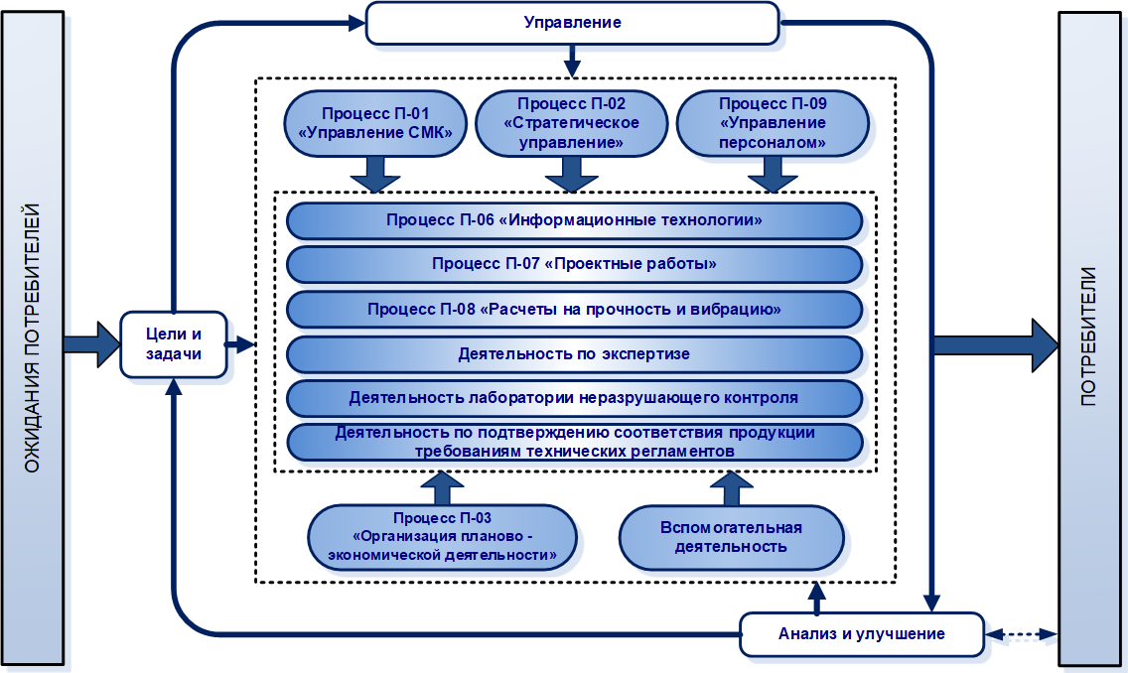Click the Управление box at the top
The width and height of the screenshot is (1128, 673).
[x=572, y=23]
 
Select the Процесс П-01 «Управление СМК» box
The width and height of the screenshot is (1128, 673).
[x=375, y=124]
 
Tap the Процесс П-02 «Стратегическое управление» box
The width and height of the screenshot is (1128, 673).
[x=571, y=124]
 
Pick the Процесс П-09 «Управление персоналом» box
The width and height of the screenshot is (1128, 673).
[x=772, y=124]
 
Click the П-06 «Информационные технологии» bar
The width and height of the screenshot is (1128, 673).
[x=574, y=219]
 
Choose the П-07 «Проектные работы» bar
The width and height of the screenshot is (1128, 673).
[x=574, y=264]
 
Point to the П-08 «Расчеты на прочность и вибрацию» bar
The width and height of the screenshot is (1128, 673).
[x=574, y=309]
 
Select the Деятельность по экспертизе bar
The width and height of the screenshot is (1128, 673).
[x=574, y=353]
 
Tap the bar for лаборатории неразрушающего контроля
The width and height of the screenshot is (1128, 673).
[x=574, y=398]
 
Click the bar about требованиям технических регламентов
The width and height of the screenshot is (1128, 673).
[x=574, y=442]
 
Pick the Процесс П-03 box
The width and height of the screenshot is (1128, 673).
[x=442, y=536]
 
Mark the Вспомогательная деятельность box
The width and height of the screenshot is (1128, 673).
[x=731, y=536]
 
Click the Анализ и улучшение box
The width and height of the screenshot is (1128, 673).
[x=861, y=633]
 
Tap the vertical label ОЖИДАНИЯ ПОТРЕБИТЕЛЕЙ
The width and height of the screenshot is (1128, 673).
[x=33, y=337]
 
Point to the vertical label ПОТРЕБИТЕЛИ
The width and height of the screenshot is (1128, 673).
[x=1091, y=337]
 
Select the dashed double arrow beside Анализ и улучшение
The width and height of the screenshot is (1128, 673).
[x=1021, y=633]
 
